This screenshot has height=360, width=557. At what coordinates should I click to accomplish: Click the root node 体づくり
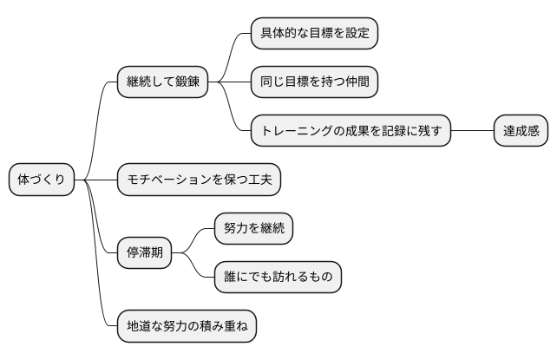pyautogui.click(x=42, y=180)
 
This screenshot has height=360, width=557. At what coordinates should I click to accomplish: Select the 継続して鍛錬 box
pyautogui.click(x=163, y=82)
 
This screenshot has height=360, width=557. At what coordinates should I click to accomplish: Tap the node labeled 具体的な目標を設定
pyautogui.click(x=315, y=34)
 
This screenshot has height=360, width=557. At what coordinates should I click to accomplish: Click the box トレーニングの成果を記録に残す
pyautogui.click(x=351, y=131)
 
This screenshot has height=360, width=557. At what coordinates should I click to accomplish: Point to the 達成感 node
pyautogui.click(x=521, y=131)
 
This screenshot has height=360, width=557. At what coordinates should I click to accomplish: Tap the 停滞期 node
pyautogui.click(x=144, y=253)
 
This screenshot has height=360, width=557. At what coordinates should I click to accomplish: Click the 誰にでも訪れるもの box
pyautogui.click(x=278, y=278)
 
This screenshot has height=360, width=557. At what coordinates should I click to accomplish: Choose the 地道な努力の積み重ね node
pyautogui.click(x=187, y=326)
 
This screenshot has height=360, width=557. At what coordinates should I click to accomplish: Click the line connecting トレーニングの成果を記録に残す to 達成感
pyautogui.click(x=473, y=131)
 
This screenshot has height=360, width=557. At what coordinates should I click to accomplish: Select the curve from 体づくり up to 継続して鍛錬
pyautogui.click(x=98, y=121)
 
